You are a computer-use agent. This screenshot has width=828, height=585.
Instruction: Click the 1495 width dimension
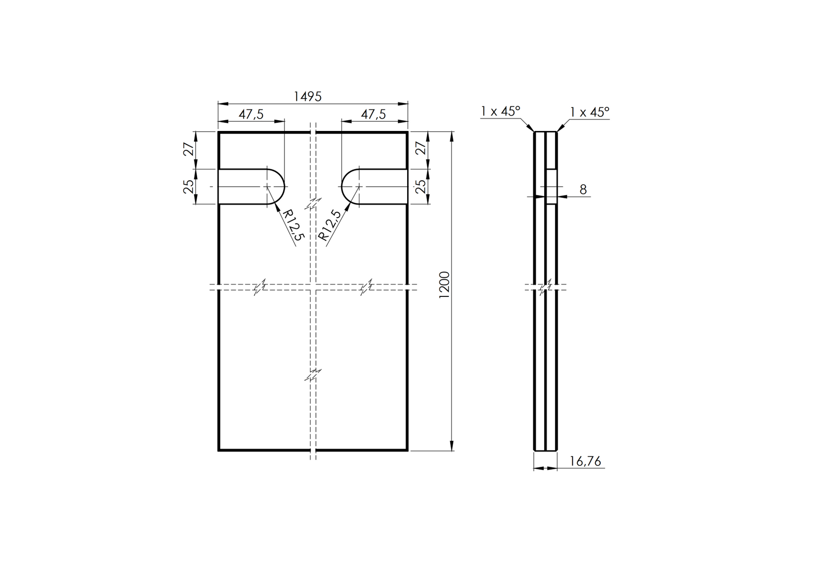coord(308,97)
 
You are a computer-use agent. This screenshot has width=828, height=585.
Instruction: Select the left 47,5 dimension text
coord(251,114)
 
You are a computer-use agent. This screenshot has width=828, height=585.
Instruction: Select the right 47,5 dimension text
coord(373,114)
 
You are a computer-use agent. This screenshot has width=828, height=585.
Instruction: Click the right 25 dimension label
coord(420,187)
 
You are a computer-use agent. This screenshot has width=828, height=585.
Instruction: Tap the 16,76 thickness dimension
coord(585,461)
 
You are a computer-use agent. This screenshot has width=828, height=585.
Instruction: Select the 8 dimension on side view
coord(583,190)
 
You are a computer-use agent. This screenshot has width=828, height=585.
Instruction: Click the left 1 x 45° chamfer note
coord(501,112)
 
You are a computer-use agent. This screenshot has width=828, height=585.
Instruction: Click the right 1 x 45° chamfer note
coord(589,112)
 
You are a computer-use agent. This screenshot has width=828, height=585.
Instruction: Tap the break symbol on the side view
coord(546,287)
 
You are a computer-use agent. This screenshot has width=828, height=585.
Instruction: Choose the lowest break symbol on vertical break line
coord(313,374)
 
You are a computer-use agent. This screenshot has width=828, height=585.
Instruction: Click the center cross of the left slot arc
coord(267,187)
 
